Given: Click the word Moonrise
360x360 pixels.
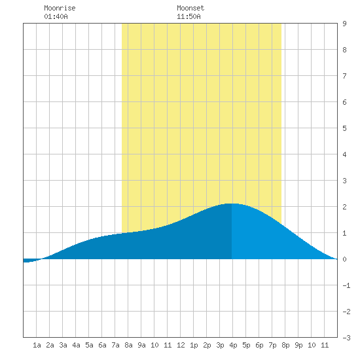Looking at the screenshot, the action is (x=60, y=8).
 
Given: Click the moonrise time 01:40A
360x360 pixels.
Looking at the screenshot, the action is (x=56, y=16).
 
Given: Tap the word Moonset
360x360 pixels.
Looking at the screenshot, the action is (x=190, y=8).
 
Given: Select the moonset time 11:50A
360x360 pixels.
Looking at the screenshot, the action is (x=189, y=16).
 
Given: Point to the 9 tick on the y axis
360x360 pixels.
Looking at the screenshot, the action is (x=344, y=24).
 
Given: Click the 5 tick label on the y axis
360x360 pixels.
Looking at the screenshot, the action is (x=344, y=128).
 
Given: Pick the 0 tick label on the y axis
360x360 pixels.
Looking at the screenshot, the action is (x=344, y=259).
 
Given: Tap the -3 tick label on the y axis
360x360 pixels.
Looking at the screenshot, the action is (x=347, y=338).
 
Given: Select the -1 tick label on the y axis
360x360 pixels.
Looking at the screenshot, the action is (x=347, y=285).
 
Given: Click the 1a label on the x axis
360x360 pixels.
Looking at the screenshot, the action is (x=37, y=345).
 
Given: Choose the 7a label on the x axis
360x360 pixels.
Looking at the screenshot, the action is (x=115, y=345).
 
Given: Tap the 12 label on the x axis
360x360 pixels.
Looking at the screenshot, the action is (x=181, y=345).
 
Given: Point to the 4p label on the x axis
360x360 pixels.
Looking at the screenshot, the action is (x=233, y=345).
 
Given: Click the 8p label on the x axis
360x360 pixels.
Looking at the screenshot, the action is (x=285, y=345).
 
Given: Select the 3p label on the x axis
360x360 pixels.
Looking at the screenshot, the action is (x=220, y=345).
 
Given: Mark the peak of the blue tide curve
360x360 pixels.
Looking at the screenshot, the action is (x=232, y=204).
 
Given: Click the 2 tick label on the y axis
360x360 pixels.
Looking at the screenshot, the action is (x=344, y=207).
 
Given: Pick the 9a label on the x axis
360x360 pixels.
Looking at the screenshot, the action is (x=141, y=345).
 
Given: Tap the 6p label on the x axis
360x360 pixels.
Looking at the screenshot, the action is (x=259, y=345).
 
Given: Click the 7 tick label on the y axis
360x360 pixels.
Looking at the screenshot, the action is (x=344, y=76).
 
